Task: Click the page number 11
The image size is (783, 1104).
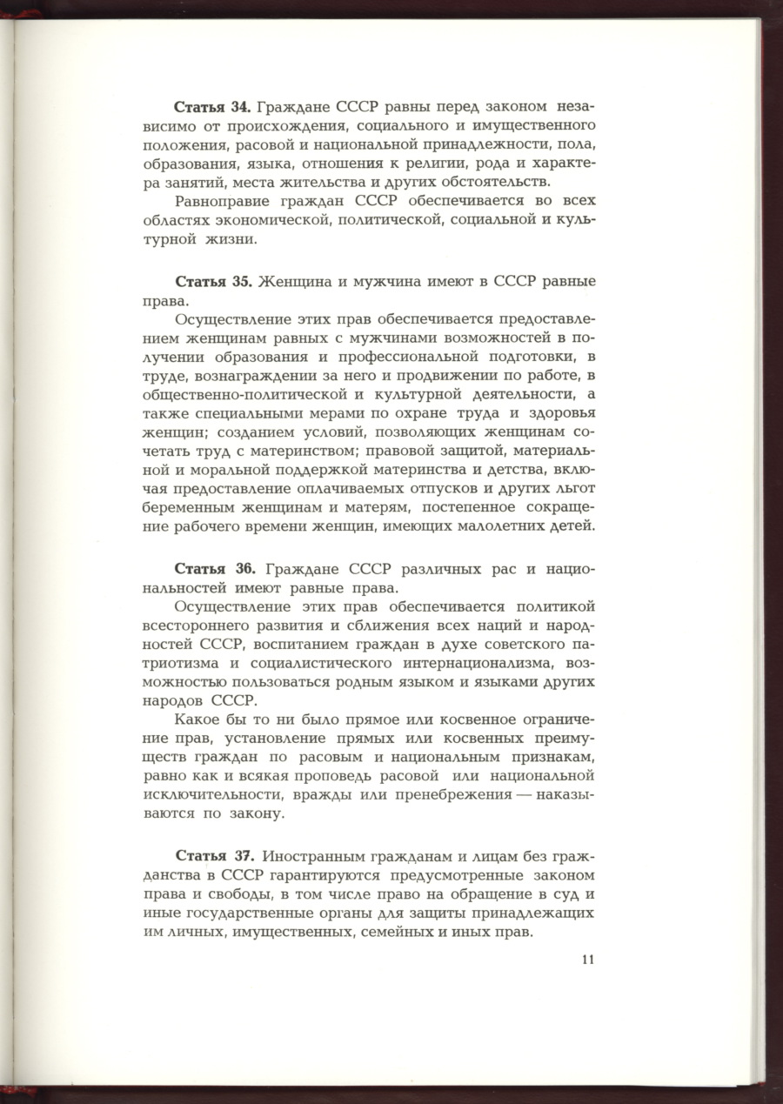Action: pos(587,960)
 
